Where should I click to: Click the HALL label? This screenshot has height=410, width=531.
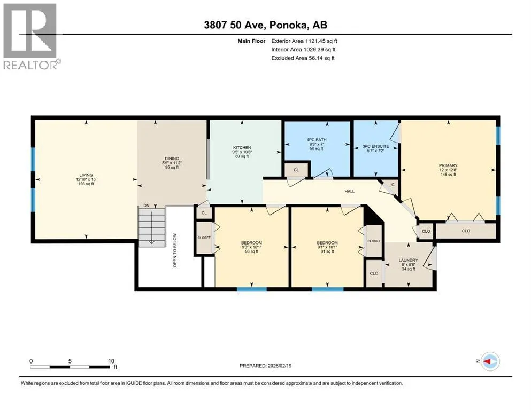(x=350, y=191)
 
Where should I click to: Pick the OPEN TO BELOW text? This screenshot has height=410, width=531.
(x=175, y=250)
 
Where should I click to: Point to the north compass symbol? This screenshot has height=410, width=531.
(x=490, y=361)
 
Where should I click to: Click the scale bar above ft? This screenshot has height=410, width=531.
(x=70, y=367)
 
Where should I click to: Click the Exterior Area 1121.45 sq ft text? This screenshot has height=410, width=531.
(x=304, y=41)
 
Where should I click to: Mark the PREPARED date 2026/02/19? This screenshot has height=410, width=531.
(x=265, y=365)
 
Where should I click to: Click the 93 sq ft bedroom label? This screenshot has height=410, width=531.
(x=252, y=251)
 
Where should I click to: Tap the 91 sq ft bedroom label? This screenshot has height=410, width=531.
(x=327, y=251)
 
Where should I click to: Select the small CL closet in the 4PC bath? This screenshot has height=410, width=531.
(x=296, y=170)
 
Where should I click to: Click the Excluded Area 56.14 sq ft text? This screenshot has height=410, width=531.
(x=303, y=58)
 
